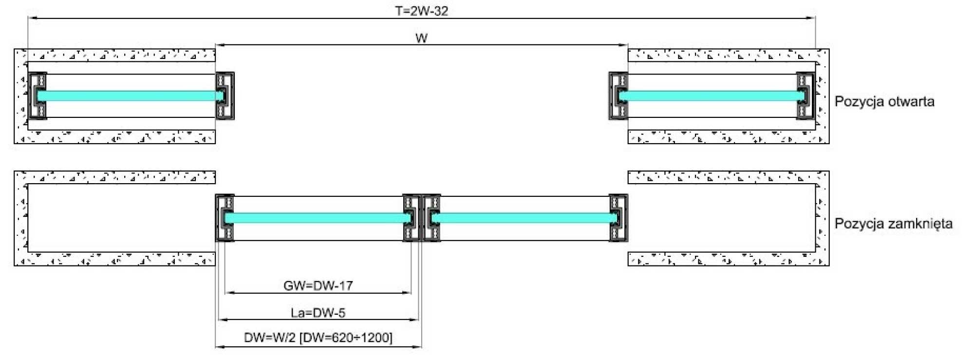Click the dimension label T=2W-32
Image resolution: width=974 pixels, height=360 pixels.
pyautogui.click(x=422, y=11)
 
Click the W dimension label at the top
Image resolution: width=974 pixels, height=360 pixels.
pyautogui.click(x=422, y=38)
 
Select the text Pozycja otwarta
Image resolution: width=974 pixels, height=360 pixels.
pyautogui.click(x=884, y=101)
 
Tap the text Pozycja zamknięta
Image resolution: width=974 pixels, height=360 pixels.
pyautogui.click(x=894, y=224)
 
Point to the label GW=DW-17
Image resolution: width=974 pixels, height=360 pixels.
pyautogui.click(x=318, y=285)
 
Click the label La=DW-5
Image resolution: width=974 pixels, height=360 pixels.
pyautogui.click(x=318, y=313)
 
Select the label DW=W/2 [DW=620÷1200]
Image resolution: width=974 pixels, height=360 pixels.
pyautogui.click(x=318, y=338)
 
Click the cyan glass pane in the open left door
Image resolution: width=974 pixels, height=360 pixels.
pyautogui.click(x=129, y=96)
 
